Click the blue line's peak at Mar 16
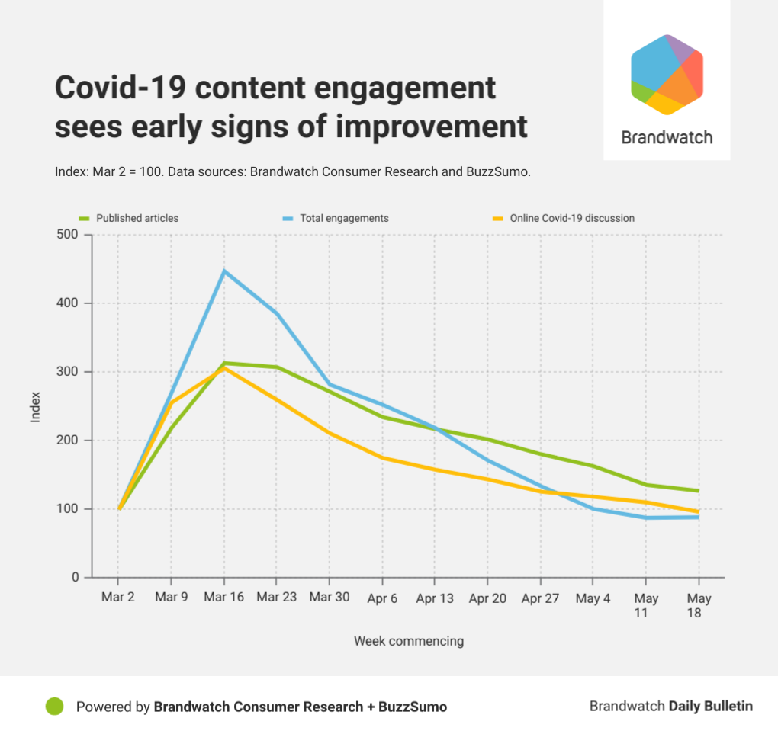(x=223, y=271)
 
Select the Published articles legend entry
(x=137, y=218)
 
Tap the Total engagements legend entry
(x=343, y=218)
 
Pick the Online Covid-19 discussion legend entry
(x=572, y=218)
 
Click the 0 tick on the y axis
(x=75, y=577)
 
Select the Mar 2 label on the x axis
(x=118, y=597)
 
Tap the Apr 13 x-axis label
(x=435, y=598)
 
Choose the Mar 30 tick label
(x=330, y=597)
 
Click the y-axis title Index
(x=35, y=406)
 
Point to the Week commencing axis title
(x=408, y=641)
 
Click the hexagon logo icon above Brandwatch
(x=667, y=75)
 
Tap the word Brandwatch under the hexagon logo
(x=667, y=138)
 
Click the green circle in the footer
(x=54, y=707)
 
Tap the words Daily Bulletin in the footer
(x=710, y=707)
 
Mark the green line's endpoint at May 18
(x=699, y=491)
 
